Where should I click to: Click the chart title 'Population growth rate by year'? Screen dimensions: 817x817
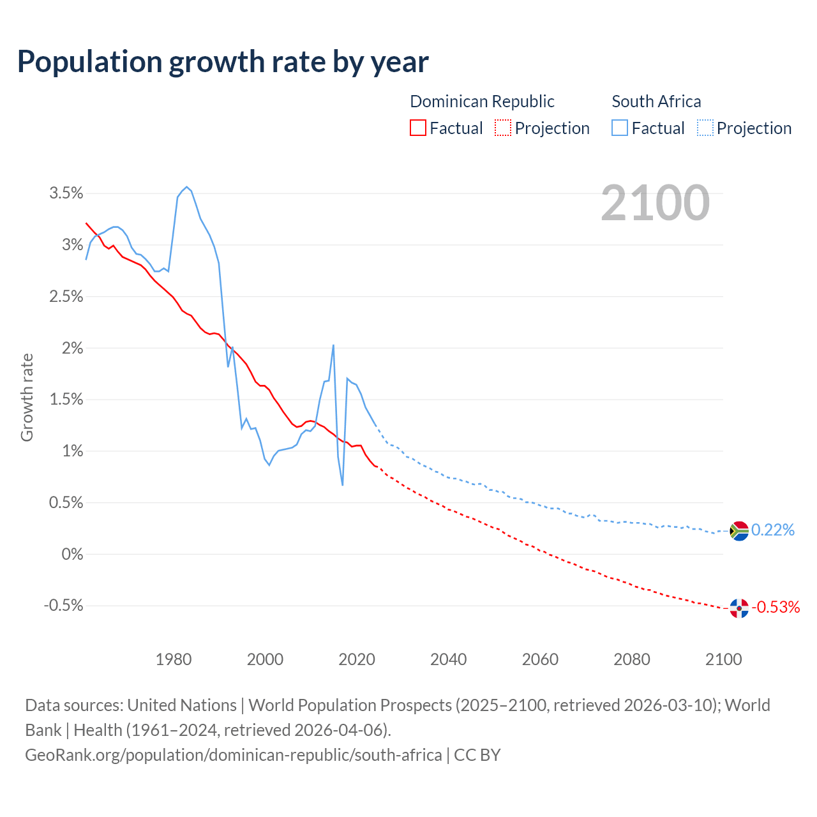point(223,62)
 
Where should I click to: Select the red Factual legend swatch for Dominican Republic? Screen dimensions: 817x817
point(417,128)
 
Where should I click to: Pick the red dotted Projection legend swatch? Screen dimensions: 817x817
point(503,128)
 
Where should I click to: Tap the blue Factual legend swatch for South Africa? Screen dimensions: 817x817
point(619,128)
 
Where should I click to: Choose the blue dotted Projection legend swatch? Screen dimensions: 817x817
point(705,128)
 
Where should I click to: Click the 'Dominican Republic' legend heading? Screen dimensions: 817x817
point(482,101)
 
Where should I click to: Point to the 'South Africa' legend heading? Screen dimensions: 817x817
point(656,101)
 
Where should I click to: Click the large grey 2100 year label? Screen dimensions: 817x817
point(655,203)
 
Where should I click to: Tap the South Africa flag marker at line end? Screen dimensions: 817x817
point(739,530)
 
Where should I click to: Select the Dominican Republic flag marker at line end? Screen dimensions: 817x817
point(739,608)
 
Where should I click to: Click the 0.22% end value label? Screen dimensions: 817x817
point(772,530)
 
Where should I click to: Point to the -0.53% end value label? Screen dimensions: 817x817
point(776,607)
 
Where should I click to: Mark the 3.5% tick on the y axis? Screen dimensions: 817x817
point(66,193)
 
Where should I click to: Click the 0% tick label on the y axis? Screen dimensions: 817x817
point(72,554)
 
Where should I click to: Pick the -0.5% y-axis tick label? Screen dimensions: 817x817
point(63,605)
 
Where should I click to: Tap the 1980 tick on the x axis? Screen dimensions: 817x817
point(174,659)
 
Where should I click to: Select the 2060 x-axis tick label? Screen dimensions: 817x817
point(540,659)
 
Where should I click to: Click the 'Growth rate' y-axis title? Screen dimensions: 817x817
point(27,397)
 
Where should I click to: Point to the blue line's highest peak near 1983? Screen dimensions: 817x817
point(186,187)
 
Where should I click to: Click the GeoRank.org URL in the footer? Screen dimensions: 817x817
point(233,755)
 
